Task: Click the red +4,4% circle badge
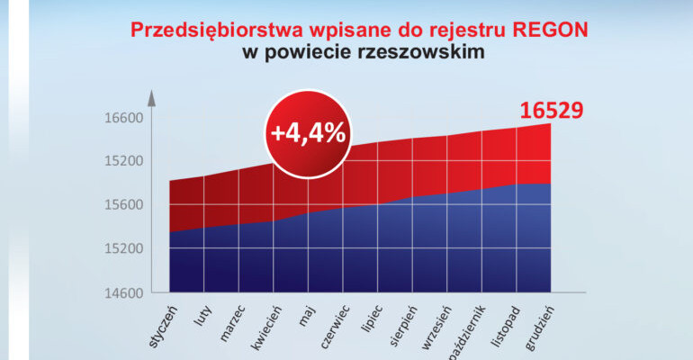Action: tap(309, 132)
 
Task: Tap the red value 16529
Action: tap(552, 111)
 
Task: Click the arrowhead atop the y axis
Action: tap(152, 95)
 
